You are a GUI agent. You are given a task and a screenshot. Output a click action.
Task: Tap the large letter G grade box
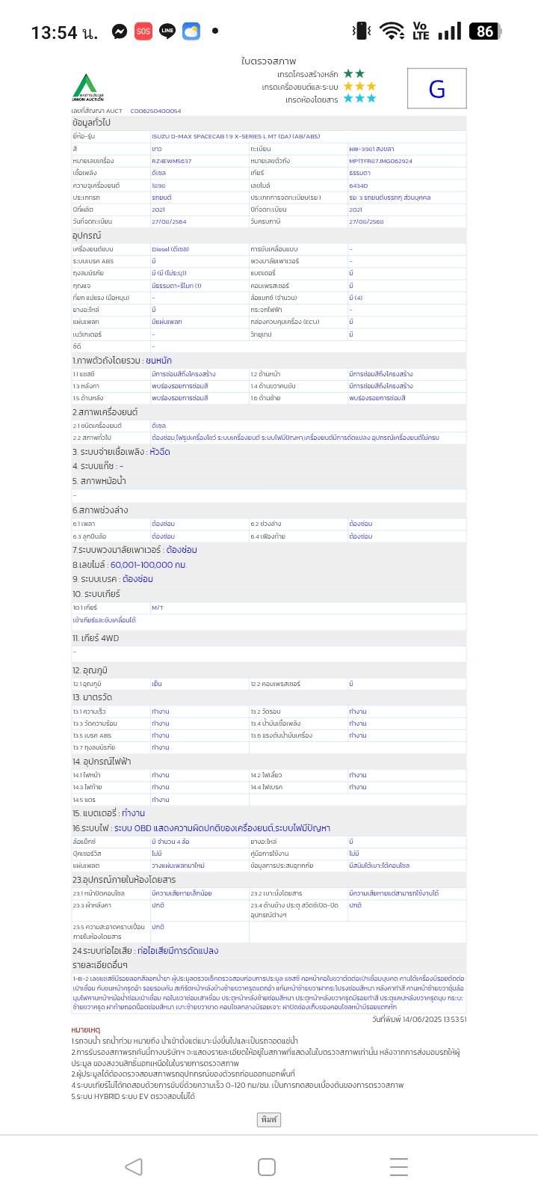point(437,89)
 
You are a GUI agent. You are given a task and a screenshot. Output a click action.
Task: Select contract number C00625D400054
point(155,111)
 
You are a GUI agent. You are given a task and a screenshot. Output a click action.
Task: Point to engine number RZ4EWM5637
point(171,161)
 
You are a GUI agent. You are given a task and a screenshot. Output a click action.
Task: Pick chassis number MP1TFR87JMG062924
point(380,161)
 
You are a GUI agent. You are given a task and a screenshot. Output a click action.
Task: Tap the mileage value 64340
point(358,186)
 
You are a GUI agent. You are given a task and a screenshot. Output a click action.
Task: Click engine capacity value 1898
point(158,186)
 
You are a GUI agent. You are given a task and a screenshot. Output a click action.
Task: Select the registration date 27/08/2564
point(169,221)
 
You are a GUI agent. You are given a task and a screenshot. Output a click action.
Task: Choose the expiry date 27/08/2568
point(366,221)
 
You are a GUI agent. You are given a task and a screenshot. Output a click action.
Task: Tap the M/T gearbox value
point(158,607)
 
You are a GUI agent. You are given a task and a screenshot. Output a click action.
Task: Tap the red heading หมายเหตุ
point(85,1030)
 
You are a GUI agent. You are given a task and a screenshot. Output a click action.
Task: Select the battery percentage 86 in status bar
point(485,31)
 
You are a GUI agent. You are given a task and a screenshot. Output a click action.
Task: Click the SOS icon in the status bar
point(143,31)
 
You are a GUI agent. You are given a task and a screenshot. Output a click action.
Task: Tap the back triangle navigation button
point(134,1166)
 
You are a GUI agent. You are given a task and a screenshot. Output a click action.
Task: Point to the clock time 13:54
point(54,32)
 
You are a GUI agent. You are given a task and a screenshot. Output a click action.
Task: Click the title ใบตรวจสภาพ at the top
point(268,61)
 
